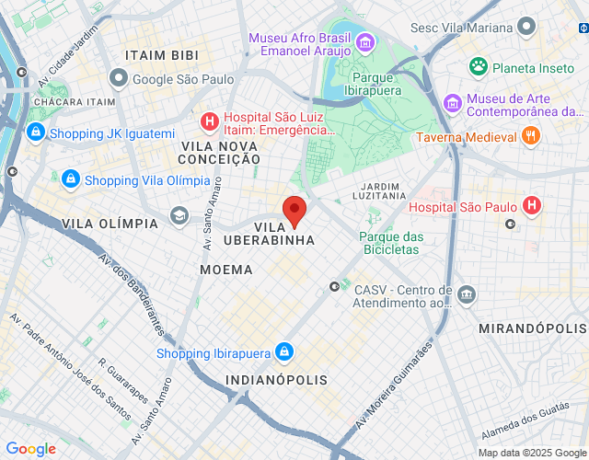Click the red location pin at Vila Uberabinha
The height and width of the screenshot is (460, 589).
pyautogui.click(x=294, y=210)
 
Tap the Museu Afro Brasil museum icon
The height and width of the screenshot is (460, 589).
pyautogui.click(x=365, y=42)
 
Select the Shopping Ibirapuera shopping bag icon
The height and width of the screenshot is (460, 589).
pyautogui.click(x=284, y=353)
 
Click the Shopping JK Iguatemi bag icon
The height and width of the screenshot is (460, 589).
pyautogui.click(x=36, y=133)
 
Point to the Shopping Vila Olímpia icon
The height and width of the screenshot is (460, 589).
pyautogui.click(x=71, y=179)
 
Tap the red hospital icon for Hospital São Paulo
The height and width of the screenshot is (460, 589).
pyautogui.click(x=531, y=207)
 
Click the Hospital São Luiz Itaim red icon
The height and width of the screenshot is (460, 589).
pyautogui.click(x=210, y=121)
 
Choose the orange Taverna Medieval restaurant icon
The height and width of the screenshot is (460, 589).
pyautogui.click(x=530, y=136)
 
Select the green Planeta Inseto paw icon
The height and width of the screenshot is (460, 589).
pyautogui.click(x=478, y=67)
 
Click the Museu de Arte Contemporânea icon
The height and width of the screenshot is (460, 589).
pyautogui.click(x=451, y=102)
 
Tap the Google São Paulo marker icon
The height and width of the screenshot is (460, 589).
pyautogui.click(x=118, y=78)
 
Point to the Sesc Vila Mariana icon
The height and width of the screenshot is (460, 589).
pyautogui.click(x=525, y=28)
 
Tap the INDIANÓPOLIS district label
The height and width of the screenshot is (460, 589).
pyautogui.click(x=276, y=380)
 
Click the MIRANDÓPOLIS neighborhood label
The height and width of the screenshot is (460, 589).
pyautogui.click(x=532, y=328)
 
